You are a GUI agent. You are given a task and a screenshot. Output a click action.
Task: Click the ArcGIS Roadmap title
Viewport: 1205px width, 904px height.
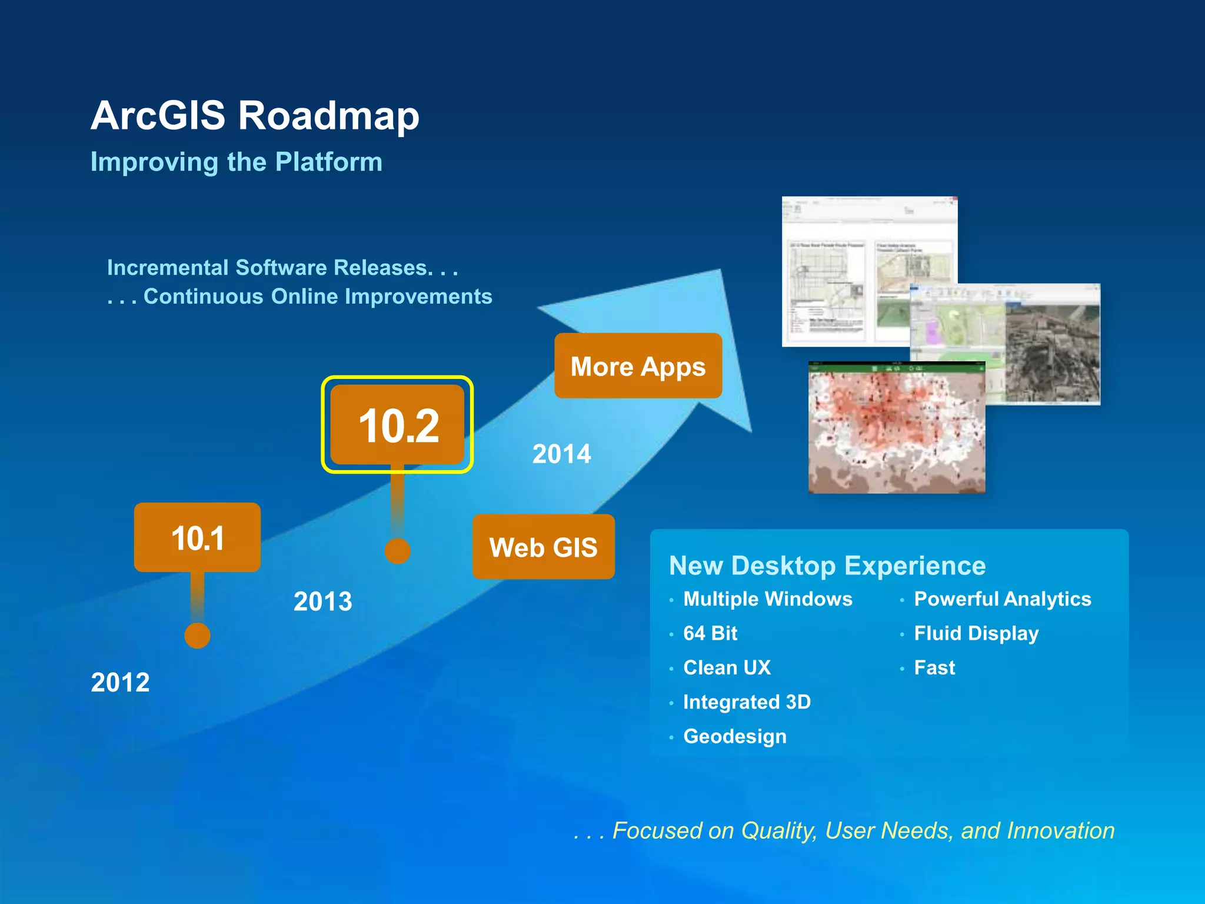(x=255, y=115)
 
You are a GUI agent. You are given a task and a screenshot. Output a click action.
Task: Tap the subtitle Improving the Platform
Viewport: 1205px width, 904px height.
(x=236, y=162)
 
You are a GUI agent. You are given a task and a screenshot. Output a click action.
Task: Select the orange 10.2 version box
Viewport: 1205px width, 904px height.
(x=398, y=425)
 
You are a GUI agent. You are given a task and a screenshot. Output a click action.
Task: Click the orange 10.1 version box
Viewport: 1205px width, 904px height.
(x=197, y=537)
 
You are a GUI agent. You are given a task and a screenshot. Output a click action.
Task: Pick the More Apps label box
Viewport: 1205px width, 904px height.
(x=638, y=366)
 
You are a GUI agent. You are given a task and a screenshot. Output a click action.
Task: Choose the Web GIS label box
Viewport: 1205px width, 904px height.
(x=543, y=547)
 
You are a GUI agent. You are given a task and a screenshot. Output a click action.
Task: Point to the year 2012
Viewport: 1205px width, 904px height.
(x=120, y=683)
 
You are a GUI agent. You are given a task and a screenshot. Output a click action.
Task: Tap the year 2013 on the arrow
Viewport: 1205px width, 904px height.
(x=322, y=601)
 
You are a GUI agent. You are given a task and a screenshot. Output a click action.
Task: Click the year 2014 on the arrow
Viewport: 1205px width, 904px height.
(x=561, y=454)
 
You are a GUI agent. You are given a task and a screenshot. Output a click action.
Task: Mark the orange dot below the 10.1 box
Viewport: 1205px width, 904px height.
(x=197, y=636)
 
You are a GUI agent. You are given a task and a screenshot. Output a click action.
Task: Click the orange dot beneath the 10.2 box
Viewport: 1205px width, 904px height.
(x=398, y=551)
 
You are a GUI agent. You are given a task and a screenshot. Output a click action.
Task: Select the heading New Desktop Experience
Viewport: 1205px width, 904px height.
(x=827, y=566)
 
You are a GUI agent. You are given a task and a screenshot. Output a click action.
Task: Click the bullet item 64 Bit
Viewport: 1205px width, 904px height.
(x=710, y=633)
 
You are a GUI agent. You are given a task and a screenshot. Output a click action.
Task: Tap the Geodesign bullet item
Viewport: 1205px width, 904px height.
(x=734, y=736)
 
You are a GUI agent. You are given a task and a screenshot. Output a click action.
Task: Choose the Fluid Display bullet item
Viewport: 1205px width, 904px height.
(x=976, y=633)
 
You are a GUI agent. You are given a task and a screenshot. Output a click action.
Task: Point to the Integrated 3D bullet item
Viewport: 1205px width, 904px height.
(x=747, y=702)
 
